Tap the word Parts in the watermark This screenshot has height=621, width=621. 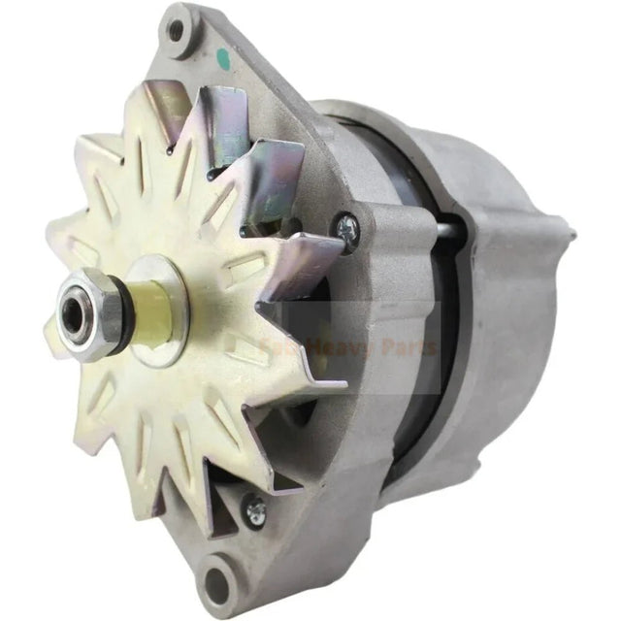click(x=411, y=346)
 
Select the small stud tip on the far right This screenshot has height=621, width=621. click(x=571, y=234)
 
